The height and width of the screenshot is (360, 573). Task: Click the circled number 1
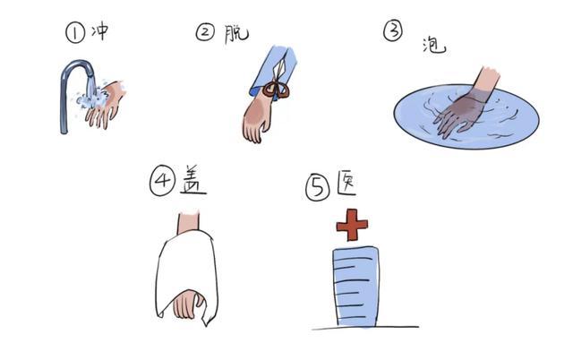(75, 32)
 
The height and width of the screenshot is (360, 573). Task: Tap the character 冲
(99, 31)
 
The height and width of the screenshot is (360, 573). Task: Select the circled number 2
(205, 32)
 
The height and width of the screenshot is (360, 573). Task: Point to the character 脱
(236, 34)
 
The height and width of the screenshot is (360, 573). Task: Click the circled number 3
(393, 30)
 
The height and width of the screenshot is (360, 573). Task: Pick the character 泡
(434, 46)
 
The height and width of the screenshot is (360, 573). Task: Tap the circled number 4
(162, 179)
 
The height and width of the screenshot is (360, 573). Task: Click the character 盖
(193, 179)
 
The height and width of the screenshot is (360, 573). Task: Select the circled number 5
(318, 187)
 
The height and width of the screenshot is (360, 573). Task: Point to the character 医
(346, 183)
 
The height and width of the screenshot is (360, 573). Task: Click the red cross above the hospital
(352, 225)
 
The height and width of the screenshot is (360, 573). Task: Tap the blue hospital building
(355, 287)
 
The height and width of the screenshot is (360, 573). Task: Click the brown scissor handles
(277, 90)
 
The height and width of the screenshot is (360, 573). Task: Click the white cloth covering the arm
(187, 277)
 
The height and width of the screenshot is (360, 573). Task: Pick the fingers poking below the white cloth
(189, 304)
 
